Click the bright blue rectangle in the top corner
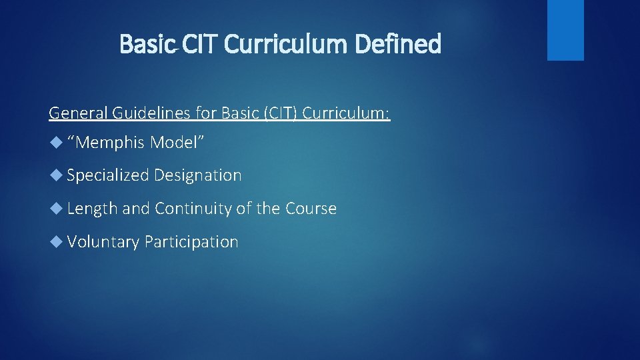pyautogui.click(x=565, y=29)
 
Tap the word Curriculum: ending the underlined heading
pyautogui.click(x=347, y=113)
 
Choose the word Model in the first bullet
pyautogui.click(x=177, y=142)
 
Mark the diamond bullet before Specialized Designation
pyautogui.click(x=57, y=175)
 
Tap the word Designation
pyautogui.click(x=198, y=175)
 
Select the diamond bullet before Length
pyautogui.click(x=57, y=209)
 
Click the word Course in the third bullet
pyautogui.click(x=311, y=209)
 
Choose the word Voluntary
pyautogui.click(x=103, y=242)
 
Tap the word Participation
pyautogui.click(x=191, y=242)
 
